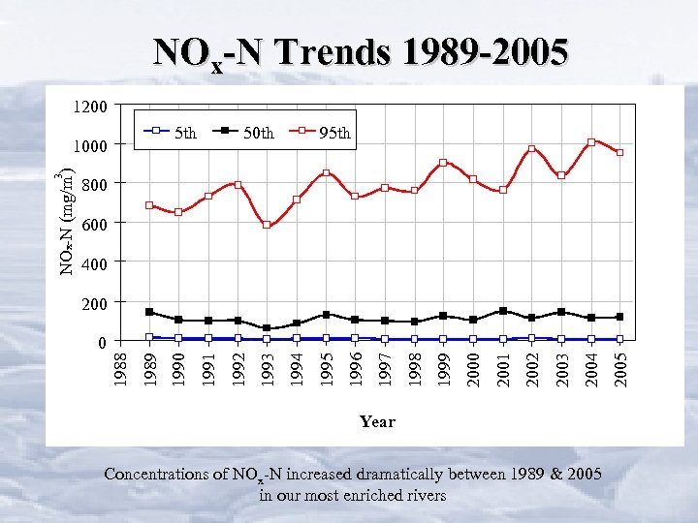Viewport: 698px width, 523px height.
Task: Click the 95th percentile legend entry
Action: [x=326, y=132]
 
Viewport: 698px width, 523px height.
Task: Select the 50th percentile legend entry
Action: [x=248, y=132]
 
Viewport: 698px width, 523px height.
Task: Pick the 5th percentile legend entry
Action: [x=171, y=132]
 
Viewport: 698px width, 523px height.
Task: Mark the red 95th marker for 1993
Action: [x=268, y=225]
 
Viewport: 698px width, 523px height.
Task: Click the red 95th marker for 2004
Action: [x=591, y=142]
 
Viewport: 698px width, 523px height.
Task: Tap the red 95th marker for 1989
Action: [x=149, y=205]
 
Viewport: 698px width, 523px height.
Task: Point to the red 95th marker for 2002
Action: [x=532, y=149]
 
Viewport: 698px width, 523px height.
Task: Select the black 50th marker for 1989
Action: [x=149, y=312]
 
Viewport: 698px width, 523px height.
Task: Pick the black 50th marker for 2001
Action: [x=503, y=311]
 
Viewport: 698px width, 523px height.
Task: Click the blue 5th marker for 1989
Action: [x=149, y=337]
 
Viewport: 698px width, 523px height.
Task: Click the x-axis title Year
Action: [x=377, y=421]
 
